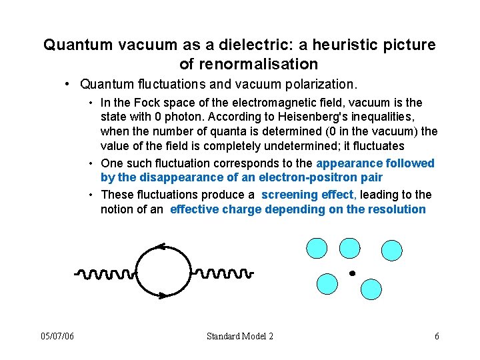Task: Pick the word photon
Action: (180, 118)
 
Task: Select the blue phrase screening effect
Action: (309, 195)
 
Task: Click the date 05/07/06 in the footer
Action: (58, 336)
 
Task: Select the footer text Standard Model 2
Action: (240, 336)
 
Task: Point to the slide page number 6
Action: (437, 336)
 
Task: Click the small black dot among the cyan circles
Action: (352, 273)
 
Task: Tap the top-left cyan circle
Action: (317, 248)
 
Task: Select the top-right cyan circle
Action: (391, 250)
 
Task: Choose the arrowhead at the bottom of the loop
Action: (162, 294)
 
